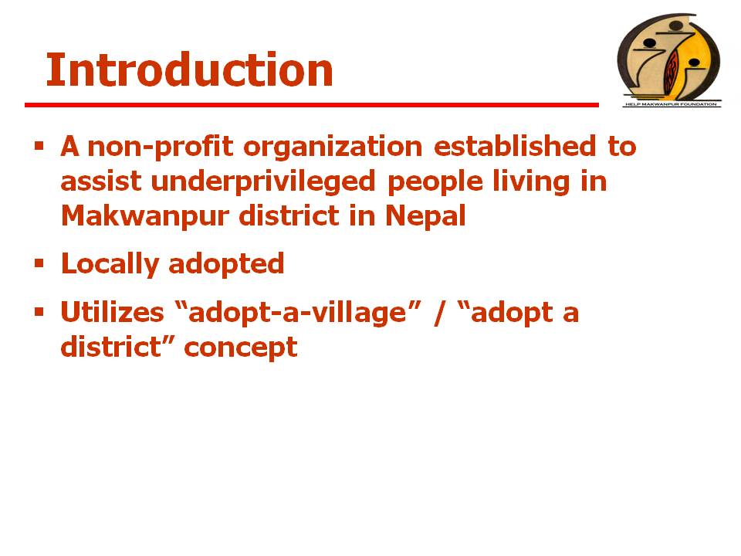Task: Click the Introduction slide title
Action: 190,70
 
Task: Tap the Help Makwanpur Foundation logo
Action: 669,60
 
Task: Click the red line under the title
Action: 312,105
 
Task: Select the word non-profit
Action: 161,147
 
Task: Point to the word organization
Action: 333,147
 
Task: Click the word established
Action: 515,146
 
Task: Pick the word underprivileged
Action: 263,181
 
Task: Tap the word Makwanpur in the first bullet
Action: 145,216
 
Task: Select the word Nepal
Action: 426,216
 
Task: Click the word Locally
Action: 110,264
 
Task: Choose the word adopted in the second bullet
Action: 226,264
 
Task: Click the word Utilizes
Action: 113,313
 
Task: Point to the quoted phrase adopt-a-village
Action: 298,313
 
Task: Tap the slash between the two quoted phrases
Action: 439,313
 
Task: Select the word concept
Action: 241,348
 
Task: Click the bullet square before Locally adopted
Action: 39,263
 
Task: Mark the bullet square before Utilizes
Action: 39,311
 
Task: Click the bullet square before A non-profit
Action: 39,145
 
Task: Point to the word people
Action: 435,182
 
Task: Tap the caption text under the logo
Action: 671,104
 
